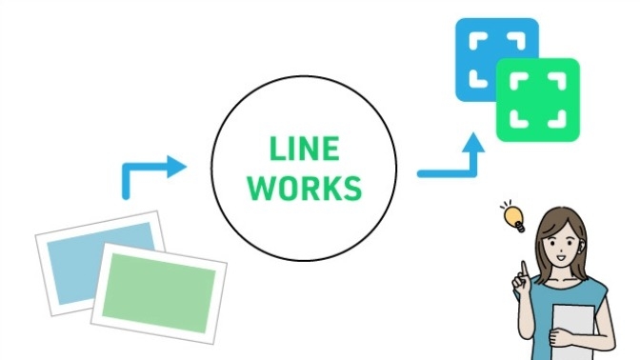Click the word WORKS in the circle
click(x=304, y=188)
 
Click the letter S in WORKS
click(x=352, y=188)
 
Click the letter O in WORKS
click(x=284, y=188)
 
